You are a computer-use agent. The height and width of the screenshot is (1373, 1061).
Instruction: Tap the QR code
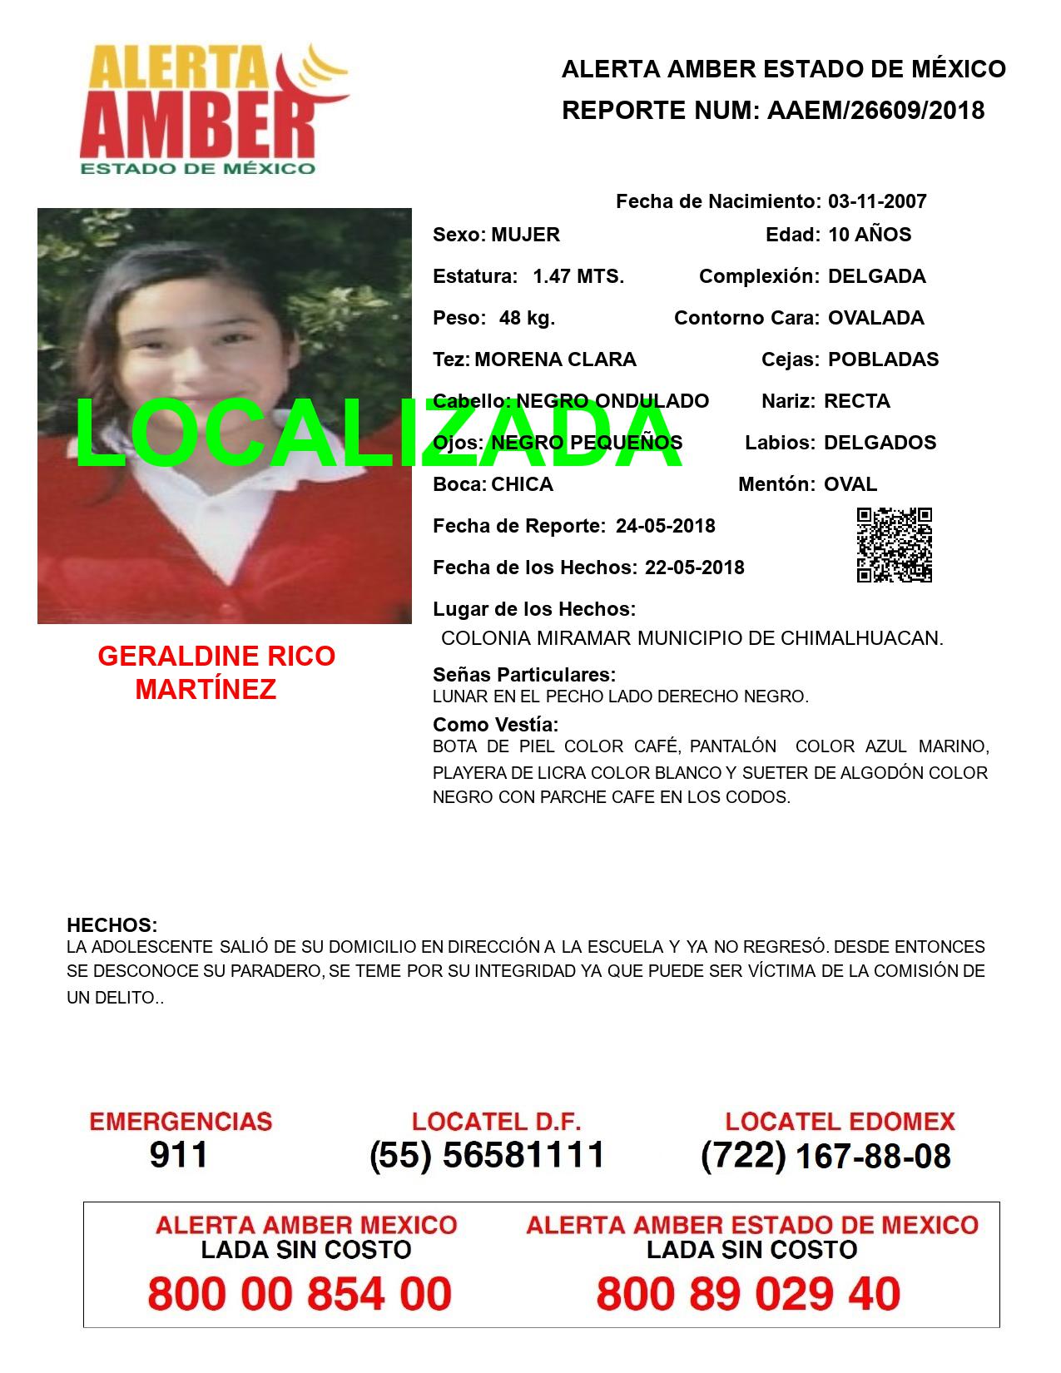pos(895,545)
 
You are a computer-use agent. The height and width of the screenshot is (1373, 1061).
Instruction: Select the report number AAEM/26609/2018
pos(875,111)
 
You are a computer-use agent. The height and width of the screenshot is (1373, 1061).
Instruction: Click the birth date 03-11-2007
pos(877,201)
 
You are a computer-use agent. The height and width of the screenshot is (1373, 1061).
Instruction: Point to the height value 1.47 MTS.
pos(578,276)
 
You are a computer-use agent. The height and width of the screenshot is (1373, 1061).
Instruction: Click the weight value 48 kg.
pos(527,318)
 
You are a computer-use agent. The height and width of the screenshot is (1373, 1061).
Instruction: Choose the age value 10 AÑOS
pos(870,235)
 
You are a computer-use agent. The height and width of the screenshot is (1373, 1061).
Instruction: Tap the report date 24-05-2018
pos(665,526)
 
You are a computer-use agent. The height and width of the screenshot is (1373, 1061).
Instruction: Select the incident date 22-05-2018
pos(694,568)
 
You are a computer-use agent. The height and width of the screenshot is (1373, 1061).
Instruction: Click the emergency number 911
pos(179,1155)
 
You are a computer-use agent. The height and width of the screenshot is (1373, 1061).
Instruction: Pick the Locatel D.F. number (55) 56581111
pos(487,1155)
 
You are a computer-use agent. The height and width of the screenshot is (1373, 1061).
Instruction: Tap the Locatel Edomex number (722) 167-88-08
pos(825,1155)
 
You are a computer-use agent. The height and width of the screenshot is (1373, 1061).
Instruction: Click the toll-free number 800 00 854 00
pos(300,1295)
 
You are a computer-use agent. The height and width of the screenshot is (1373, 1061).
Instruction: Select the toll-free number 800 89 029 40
pos(748,1295)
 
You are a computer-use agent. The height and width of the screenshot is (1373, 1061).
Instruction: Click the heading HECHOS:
pos(112,925)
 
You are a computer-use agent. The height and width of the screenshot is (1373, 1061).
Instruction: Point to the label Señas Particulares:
pos(524,675)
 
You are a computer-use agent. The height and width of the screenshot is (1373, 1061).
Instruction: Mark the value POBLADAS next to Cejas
pos(883,359)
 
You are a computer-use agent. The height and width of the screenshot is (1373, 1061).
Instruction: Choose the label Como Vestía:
pos(495,725)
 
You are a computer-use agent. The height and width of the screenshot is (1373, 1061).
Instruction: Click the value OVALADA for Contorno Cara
pos(875,318)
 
